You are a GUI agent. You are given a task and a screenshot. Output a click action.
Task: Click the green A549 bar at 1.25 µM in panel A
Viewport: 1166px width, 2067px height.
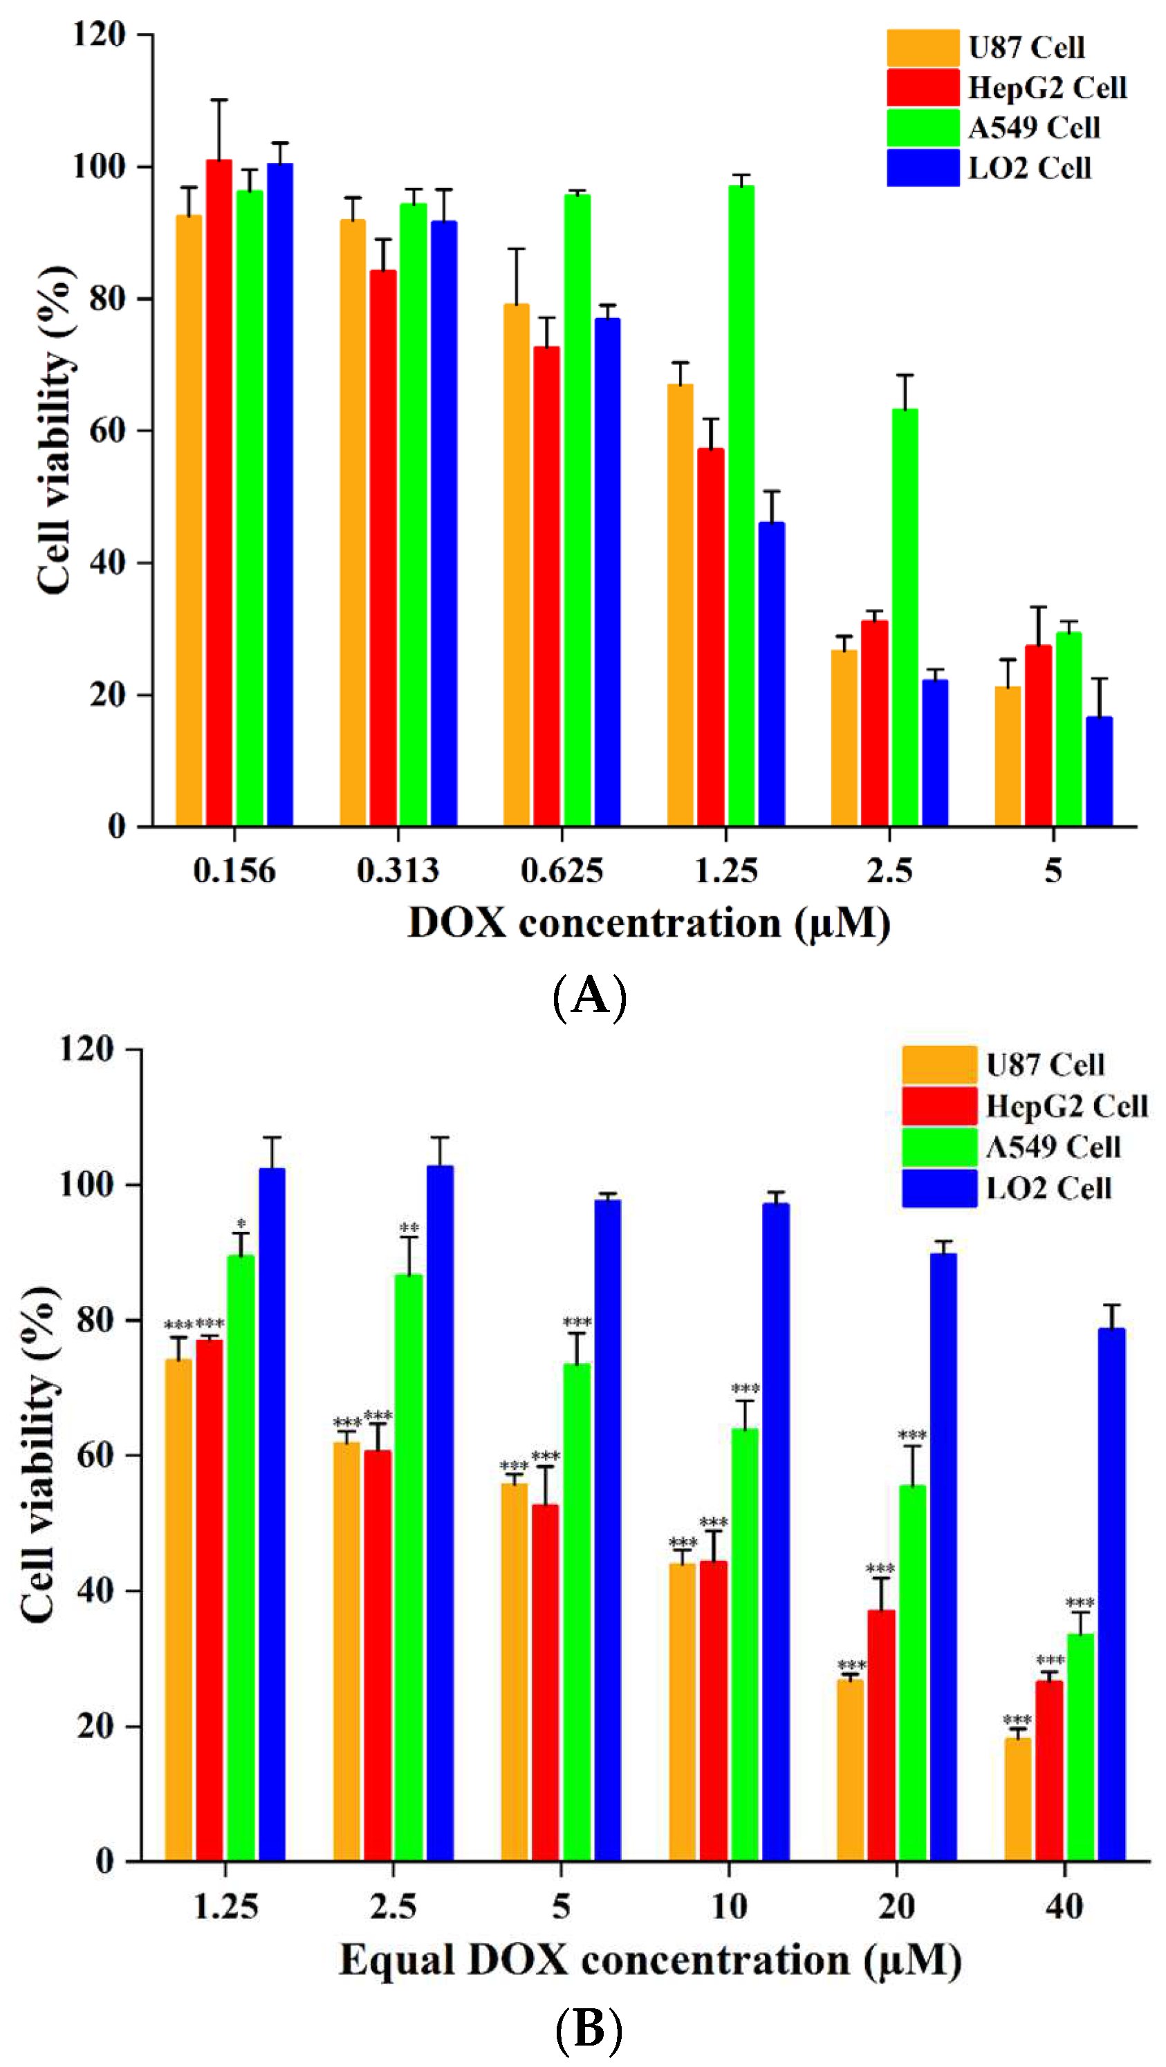(x=741, y=505)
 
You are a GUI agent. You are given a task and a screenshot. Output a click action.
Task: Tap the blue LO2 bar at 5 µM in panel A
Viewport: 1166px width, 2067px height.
(x=1099, y=770)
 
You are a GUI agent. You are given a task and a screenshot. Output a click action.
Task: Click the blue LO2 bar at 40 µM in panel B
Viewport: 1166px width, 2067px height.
(x=1111, y=1597)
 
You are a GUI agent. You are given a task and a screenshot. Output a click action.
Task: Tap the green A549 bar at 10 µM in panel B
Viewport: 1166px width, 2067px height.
(x=745, y=1645)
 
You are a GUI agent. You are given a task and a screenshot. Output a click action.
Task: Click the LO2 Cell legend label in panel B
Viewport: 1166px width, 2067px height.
(x=1048, y=1188)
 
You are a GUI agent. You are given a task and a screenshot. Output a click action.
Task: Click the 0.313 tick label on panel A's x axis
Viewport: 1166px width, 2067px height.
(x=398, y=870)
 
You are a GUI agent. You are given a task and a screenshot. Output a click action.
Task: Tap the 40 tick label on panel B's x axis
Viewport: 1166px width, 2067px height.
(x=1064, y=1907)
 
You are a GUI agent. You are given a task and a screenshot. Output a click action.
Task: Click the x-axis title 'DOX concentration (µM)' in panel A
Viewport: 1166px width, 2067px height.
(x=649, y=923)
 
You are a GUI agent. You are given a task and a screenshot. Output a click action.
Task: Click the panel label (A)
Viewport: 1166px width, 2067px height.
(x=590, y=995)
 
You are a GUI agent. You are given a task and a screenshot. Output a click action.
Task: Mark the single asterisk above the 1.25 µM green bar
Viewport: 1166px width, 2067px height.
(x=241, y=1224)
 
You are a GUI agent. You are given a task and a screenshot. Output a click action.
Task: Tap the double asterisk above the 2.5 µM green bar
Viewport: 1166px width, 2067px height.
(x=409, y=1228)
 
